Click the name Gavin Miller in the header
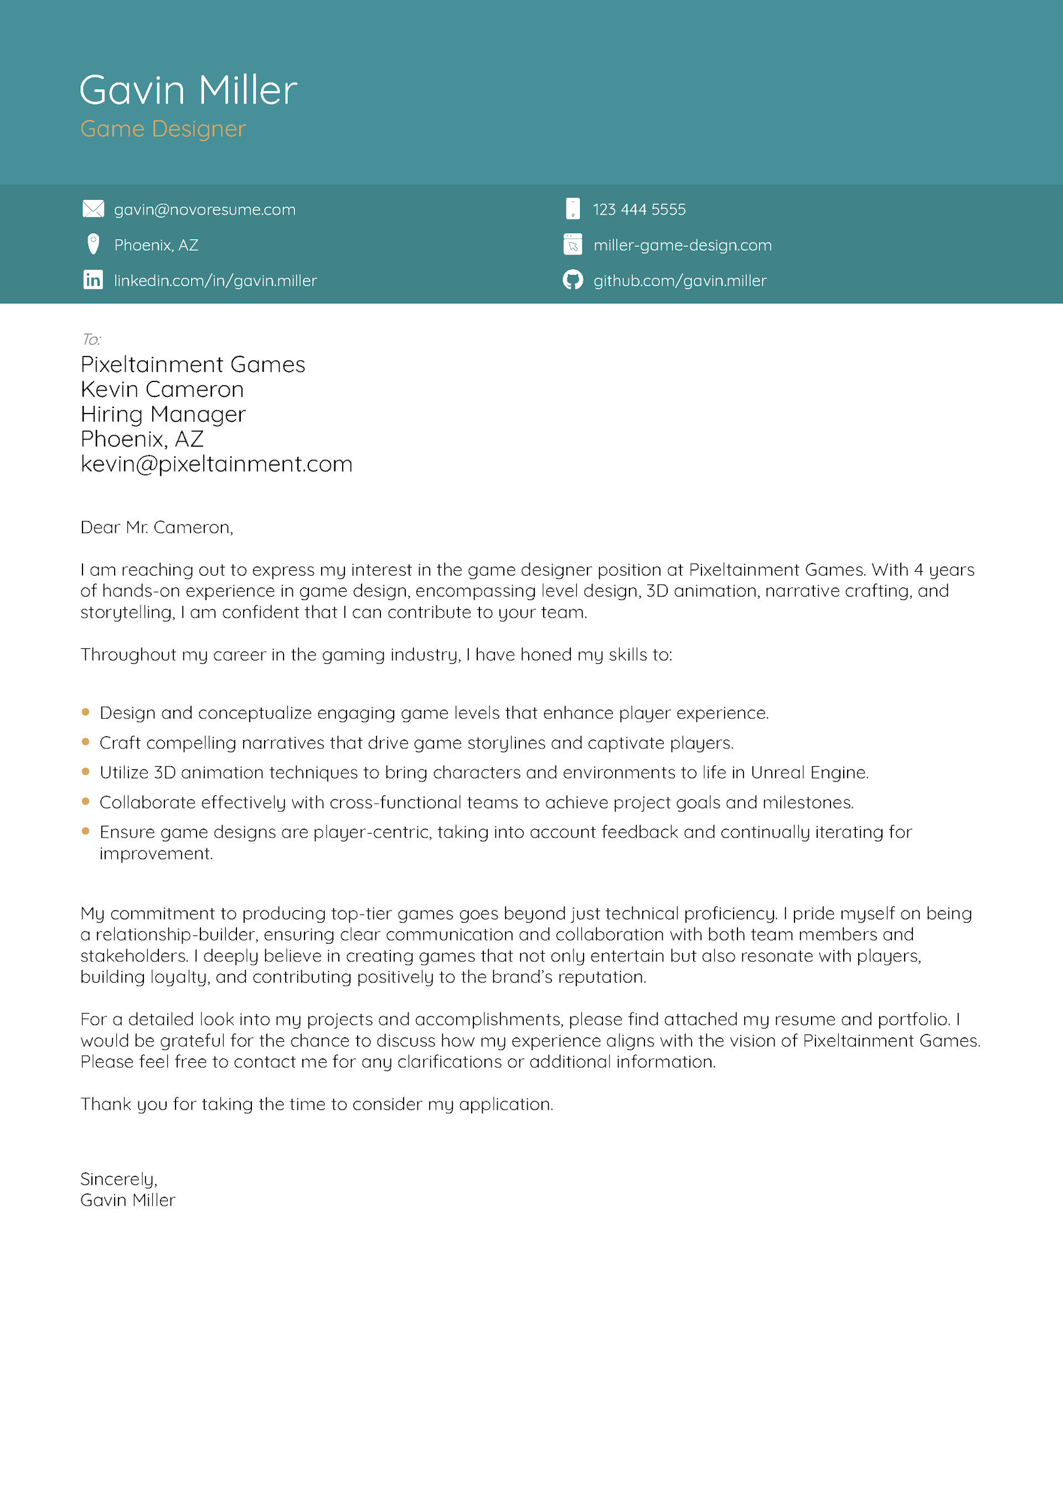coord(188,90)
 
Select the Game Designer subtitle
coord(163,129)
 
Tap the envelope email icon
coord(93,209)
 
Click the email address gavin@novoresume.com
coord(204,210)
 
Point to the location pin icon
coord(93,244)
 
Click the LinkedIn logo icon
coord(93,280)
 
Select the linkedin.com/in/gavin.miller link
coord(215,281)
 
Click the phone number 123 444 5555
coord(639,210)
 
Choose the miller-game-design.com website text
coord(682,245)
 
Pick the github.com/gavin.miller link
coord(680,281)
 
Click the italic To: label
coord(91,339)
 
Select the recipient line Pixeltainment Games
coord(193,364)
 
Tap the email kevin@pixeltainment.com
coord(216,464)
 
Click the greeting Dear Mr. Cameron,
coord(157,528)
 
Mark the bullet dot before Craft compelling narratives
coord(85,742)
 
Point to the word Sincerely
coord(118,1179)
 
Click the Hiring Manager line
coord(163,414)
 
